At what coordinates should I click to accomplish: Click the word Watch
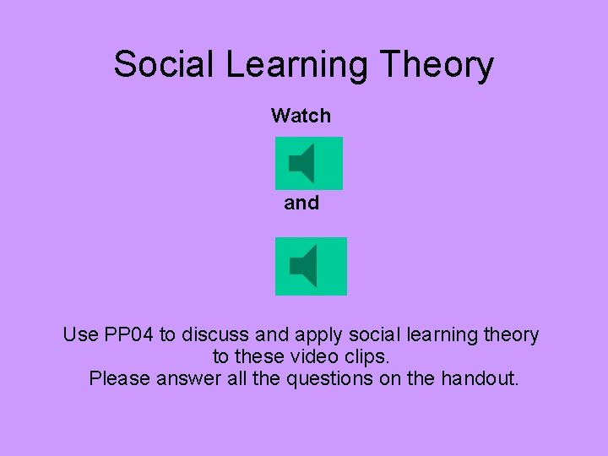(301, 116)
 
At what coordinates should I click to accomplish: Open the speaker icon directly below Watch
(309, 163)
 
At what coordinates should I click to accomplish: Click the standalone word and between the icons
(301, 203)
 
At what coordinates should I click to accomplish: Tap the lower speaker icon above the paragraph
(311, 266)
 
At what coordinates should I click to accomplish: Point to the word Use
(80, 335)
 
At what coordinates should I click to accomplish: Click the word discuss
(215, 335)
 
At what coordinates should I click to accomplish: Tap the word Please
(119, 379)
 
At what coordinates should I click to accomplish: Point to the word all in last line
(238, 379)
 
